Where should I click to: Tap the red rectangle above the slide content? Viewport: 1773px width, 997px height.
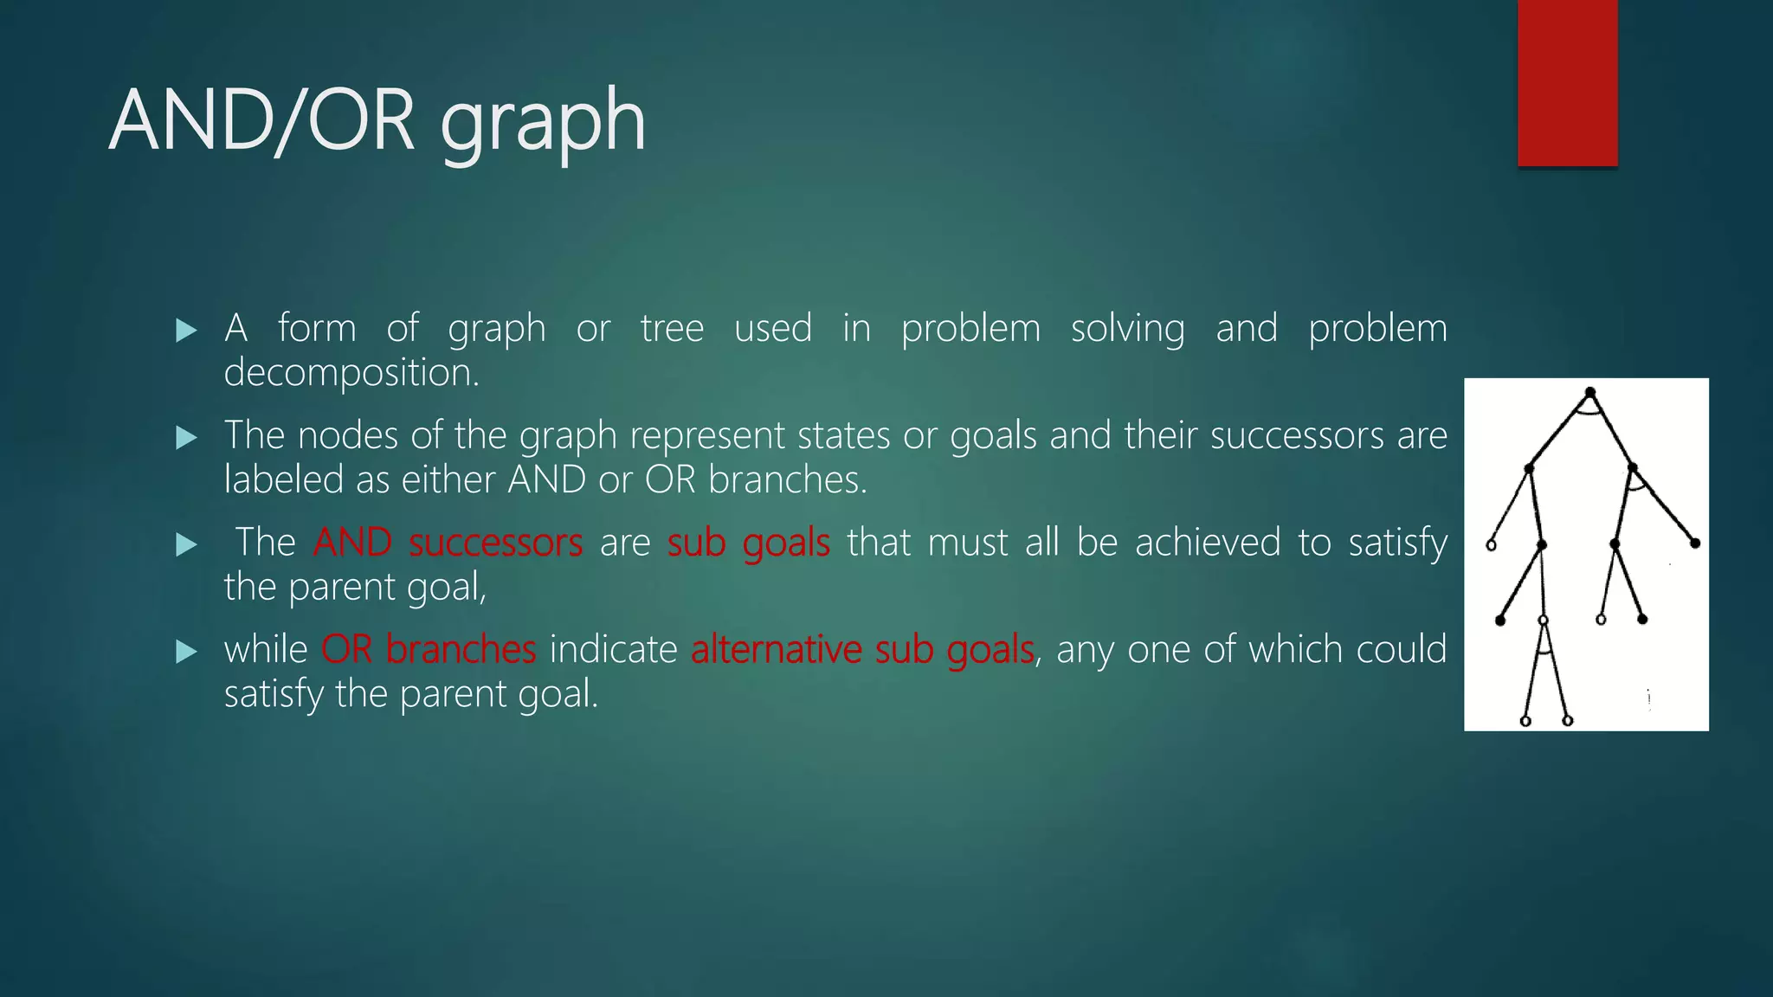pos(1567,83)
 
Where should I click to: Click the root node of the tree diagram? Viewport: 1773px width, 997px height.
pos(1590,393)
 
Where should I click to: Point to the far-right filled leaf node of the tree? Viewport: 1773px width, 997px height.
pos(1695,544)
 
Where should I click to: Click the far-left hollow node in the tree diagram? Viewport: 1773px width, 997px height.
pos(1491,545)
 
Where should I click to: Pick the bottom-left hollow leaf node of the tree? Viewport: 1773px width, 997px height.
pos(1525,721)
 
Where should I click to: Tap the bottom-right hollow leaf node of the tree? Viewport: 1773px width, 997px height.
pos(1568,720)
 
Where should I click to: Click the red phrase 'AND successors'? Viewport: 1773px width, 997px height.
pos(448,544)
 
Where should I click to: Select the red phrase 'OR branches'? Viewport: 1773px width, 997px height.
pos(429,650)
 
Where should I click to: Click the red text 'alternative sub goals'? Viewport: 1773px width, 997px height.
pos(862,650)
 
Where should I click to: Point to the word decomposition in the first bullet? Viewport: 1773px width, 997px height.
pos(351,373)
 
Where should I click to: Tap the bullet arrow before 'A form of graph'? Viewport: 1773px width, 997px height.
pos(186,330)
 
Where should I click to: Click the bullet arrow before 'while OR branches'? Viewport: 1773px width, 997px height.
pos(186,651)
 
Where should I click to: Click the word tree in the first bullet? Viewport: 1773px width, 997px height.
pos(672,329)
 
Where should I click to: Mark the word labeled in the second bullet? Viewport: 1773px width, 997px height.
pos(283,480)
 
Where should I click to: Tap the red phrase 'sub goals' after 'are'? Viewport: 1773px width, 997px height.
pos(748,544)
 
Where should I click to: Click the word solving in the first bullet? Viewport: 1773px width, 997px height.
pos(1127,329)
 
